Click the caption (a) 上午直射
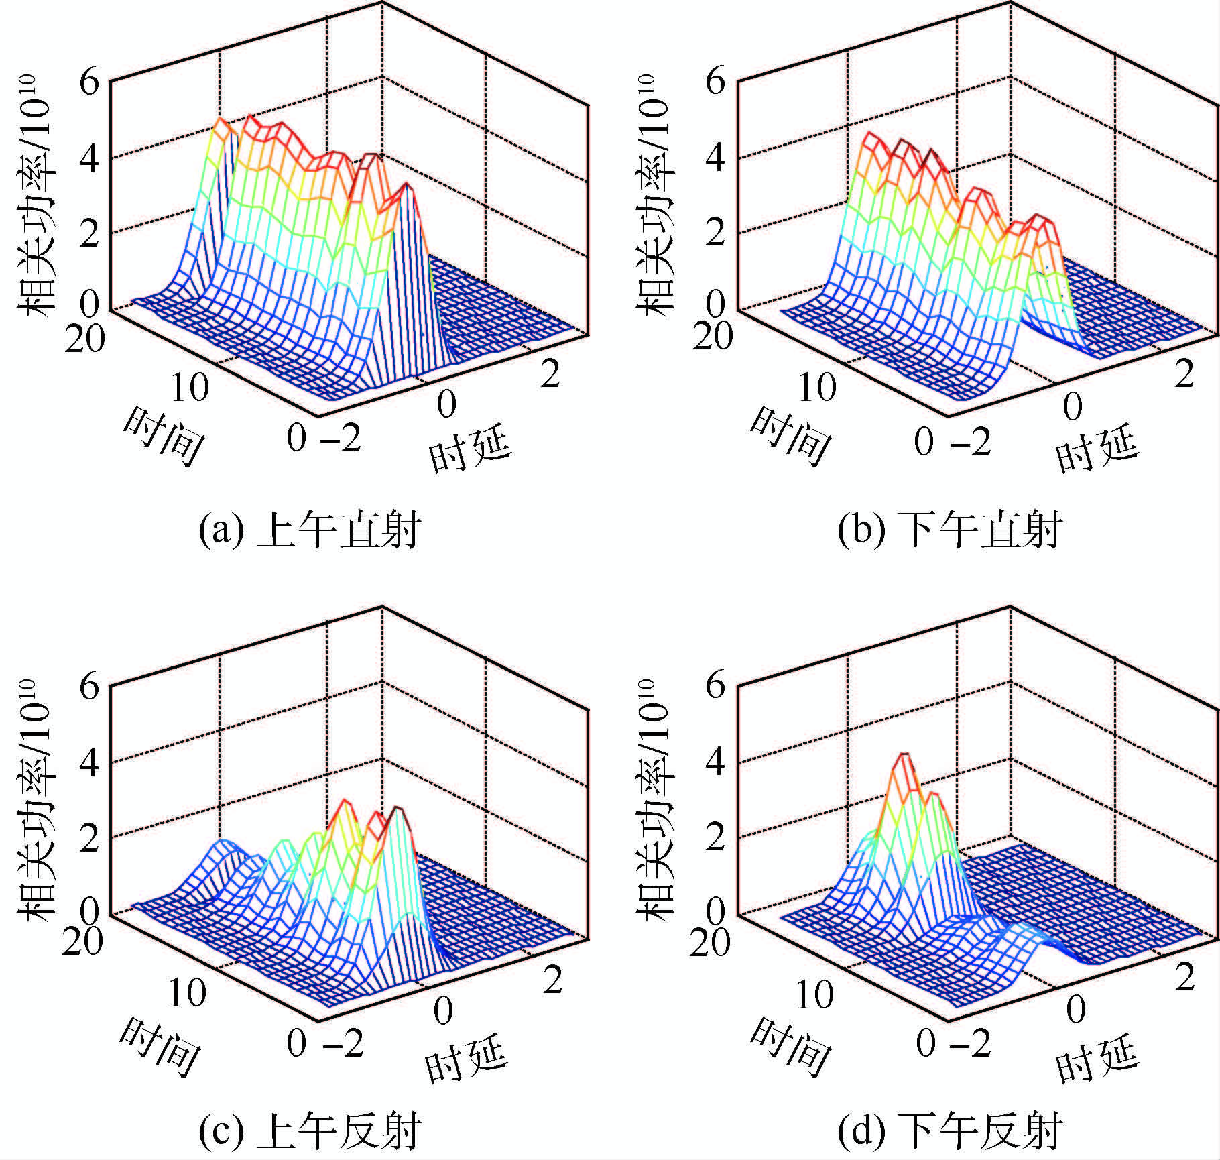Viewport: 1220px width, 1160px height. coord(310,530)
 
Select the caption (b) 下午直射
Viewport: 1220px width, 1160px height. coord(949,530)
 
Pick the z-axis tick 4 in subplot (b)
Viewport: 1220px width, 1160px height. coord(716,160)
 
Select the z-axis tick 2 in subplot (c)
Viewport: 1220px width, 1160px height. coord(88,838)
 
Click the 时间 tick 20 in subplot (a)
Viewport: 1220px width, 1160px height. coord(84,338)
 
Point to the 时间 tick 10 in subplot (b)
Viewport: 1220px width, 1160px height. coord(818,388)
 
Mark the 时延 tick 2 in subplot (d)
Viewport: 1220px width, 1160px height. coord(1185,978)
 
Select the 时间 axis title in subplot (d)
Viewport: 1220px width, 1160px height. coord(790,1047)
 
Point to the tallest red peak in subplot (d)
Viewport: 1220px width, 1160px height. coord(906,756)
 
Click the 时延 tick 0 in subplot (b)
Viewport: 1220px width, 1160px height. coord(1073,406)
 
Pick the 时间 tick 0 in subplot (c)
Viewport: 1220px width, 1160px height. coord(296,1043)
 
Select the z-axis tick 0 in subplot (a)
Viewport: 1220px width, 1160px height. coord(88,304)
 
